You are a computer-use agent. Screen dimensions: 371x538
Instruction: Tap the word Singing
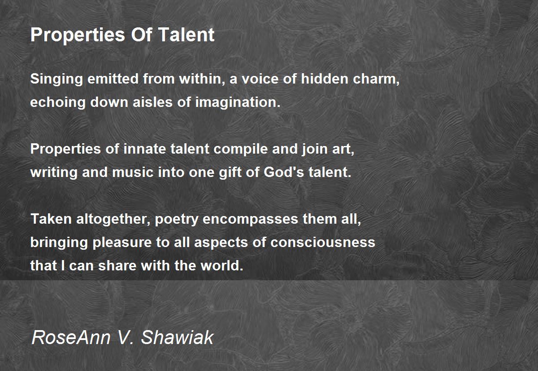[x=56, y=80]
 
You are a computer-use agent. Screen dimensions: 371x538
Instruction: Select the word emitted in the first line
[x=113, y=79]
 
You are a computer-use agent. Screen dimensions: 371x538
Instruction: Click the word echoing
[x=58, y=103]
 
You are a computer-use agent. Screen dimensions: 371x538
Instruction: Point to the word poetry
[x=179, y=220]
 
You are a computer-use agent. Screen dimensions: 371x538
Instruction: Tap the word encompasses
[x=249, y=220]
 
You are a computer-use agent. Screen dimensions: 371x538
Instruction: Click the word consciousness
[x=322, y=243]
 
